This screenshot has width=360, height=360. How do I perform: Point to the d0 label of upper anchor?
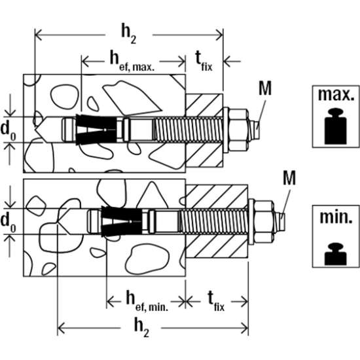pyautogui.click(x=8, y=128)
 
